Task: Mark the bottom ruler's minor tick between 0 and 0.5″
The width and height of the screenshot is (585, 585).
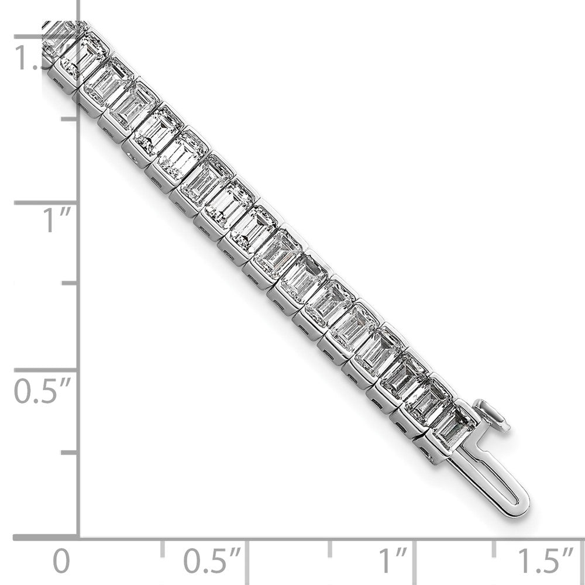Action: tap(163, 549)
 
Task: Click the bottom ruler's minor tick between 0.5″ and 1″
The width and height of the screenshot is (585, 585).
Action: tap(331, 549)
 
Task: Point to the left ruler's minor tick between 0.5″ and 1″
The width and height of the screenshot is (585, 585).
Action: tap(70, 283)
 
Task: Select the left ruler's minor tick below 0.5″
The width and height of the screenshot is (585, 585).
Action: tap(70, 452)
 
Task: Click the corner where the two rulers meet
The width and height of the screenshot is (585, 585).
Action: tap(79, 537)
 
